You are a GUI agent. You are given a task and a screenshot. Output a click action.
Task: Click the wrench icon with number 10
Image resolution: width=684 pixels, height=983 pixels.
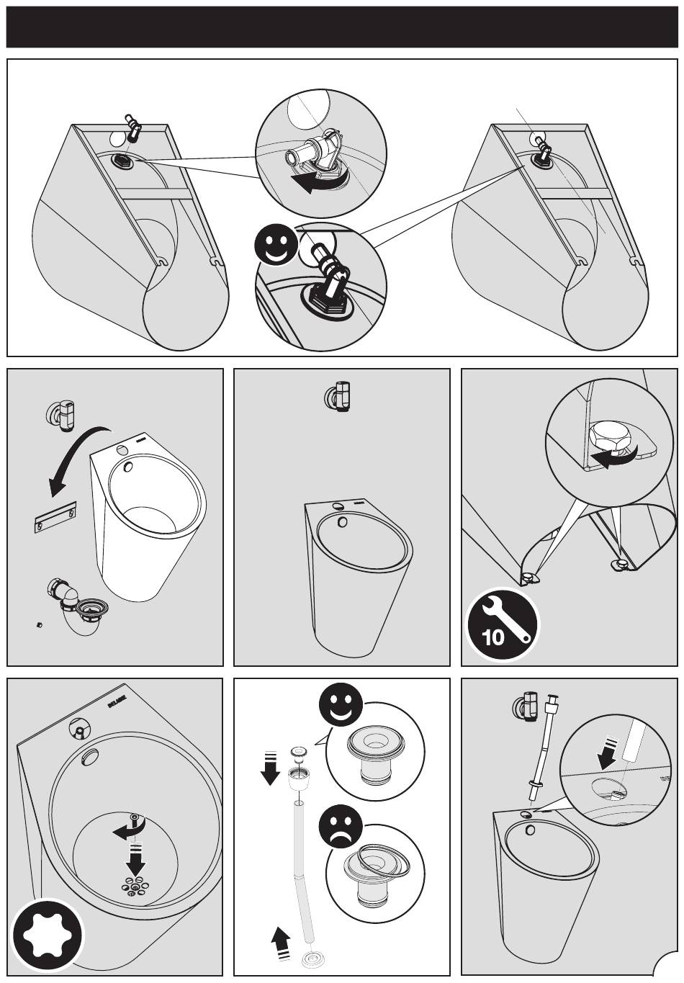(x=502, y=624)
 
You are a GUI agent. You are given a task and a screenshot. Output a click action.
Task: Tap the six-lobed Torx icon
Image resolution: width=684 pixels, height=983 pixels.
(x=46, y=935)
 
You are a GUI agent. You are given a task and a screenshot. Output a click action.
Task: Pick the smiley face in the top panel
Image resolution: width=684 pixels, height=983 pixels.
(x=276, y=246)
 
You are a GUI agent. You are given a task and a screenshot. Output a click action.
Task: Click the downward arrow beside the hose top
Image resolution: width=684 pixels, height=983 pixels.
(x=270, y=767)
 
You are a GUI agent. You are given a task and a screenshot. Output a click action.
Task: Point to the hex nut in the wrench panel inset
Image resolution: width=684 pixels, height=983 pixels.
(x=605, y=436)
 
